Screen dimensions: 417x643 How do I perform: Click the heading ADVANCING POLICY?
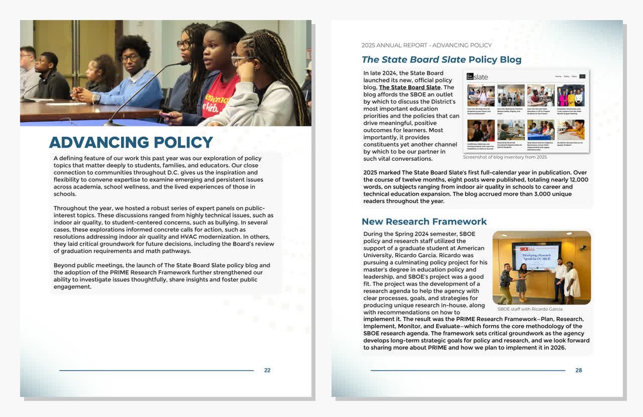[131, 143]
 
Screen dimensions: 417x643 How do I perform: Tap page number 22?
[267, 370]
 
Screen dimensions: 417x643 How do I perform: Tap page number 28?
[578, 370]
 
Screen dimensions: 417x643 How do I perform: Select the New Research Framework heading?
[424, 222]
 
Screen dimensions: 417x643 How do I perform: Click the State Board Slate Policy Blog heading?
[441, 59]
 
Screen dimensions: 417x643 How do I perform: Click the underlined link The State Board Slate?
[409, 87]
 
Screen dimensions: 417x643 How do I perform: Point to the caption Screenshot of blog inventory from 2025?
[505, 157]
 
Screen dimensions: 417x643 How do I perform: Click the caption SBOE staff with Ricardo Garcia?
[530, 309]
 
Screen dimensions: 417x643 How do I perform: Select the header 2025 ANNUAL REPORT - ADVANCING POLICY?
[427, 45]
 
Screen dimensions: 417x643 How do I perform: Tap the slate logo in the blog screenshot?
[479, 77]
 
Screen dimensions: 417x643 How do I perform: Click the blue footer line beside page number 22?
[156, 370]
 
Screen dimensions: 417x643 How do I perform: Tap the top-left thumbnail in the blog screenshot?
[481, 95]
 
